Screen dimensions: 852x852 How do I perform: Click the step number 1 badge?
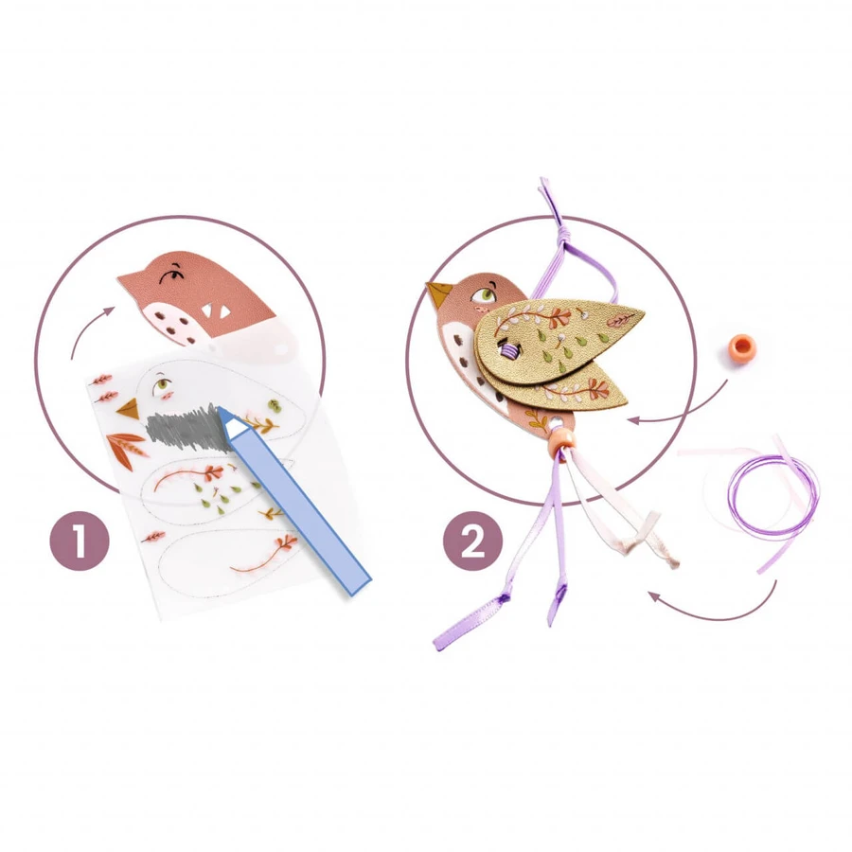coord(80,541)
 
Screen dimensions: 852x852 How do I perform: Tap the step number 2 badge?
coord(472,541)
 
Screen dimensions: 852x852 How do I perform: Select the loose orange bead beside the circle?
coord(740,346)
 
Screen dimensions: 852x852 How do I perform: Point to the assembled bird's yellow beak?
coord(438,294)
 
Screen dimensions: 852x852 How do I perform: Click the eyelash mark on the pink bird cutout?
coord(172,276)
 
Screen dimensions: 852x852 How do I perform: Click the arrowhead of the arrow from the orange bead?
coord(633,419)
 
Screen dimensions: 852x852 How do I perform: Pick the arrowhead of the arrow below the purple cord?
coord(654,597)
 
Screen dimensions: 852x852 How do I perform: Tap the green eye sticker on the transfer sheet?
coord(162,386)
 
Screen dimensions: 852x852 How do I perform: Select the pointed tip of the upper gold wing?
coord(642,311)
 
